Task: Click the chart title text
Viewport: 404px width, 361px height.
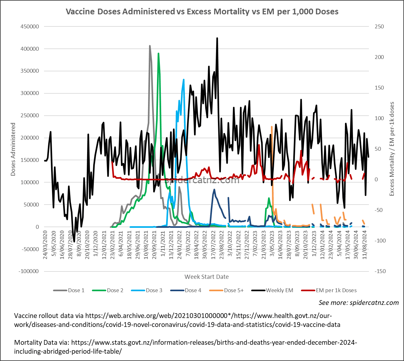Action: coord(202,11)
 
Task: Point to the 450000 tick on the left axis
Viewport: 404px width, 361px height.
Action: coord(30,26)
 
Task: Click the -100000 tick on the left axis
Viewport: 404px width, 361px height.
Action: coord(29,271)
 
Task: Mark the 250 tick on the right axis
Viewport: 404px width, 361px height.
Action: coord(379,26)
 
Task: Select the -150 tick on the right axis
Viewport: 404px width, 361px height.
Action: coord(380,271)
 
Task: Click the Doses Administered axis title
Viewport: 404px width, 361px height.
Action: coord(13,149)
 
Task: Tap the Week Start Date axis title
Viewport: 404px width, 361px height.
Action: coord(206,277)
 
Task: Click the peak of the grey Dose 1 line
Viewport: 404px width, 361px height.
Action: coord(150,46)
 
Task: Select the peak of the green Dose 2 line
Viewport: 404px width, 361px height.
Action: coord(158,54)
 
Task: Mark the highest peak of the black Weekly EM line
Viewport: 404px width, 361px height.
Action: coord(217,38)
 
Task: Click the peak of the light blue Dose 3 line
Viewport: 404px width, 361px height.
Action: coord(183,80)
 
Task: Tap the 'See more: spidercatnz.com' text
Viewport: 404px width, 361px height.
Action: coord(359,302)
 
